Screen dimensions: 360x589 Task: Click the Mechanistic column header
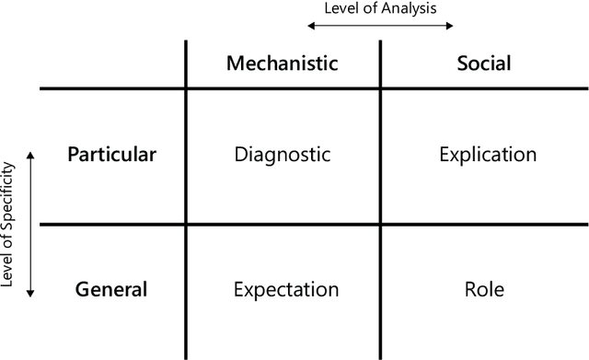pos(283,64)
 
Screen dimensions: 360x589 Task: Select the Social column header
pos(484,64)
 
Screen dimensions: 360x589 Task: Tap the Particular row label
pos(112,154)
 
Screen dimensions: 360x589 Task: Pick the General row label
pos(112,289)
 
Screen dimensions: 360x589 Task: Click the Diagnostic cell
pos(283,154)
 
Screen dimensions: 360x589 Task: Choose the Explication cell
pos(484,154)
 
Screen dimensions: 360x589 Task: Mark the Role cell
pos(484,289)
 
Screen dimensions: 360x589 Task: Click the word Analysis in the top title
pos(417,9)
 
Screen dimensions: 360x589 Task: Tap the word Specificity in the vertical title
pos(9,202)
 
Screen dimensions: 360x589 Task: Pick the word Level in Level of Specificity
pos(9,273)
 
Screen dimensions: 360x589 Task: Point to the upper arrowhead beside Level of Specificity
pos(31,155)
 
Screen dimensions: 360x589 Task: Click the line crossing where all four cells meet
pos(380,223)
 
